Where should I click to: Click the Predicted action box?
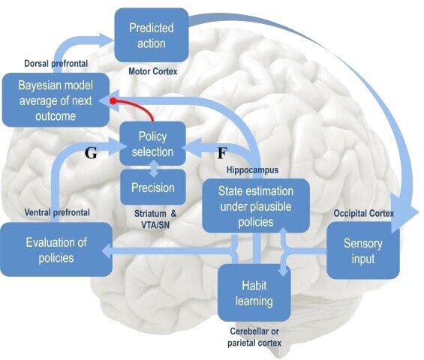pyautogui.click(x=152, y=35)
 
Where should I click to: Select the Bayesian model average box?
pyautogui.click(x=56, y=100)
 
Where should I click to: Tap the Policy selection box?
pyautogui.click(x=153, y=143)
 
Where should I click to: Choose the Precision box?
pyautogui.click(x=153, y=187)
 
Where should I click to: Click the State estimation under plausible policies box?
pyautogui.click(x=256, y=206)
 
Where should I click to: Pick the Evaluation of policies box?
pyautogui.click(x=56, y=250)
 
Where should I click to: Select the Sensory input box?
pyautogui.click(x=363, y=250)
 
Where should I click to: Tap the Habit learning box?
pyautogui.click(x=254, y=293)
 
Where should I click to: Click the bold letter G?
pyautogui.click(x=91, y=153)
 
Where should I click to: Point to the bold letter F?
pyautogui.click(x=222, y=153)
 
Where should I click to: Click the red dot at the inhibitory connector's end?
pyautogui.click(x=113, y=101)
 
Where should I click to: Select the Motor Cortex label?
pyautogui.click(x=153, y=71)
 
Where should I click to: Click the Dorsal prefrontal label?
pyautogui.click(x=56, y=64)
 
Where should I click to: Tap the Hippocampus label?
pyautogui.click(x=252, y=170)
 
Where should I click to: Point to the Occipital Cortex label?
pyautogui.click(x=364, y=213)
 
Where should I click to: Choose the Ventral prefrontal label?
pyautogui.click(x=57, y=212)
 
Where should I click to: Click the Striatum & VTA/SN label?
pyautogui.click(x=155, y=219)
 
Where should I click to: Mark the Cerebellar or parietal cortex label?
pyautogui.click(x=254, y=337)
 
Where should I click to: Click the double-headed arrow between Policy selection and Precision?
pyautogui.click(x=153, y=168)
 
